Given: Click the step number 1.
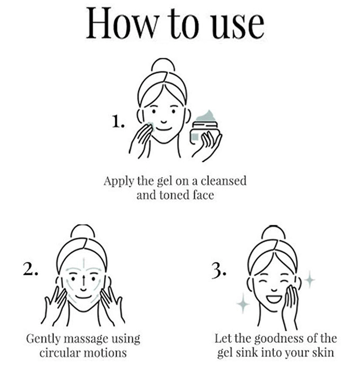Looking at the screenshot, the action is [x=118, y=121].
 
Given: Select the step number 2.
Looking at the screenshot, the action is [x=30, y=269].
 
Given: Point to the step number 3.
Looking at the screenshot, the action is [x=219, y=271].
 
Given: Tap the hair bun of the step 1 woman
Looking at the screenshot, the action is [x=163, y=65].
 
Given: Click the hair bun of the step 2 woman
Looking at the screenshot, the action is [x=82, y=230].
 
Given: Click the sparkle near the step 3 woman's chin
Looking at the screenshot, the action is [x=243, y=303].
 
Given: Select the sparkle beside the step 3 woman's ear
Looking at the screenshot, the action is [x=309, y=279].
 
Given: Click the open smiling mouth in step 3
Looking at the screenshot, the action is [x=274, y=299].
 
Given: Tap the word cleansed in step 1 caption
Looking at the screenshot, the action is [x=223, y=181].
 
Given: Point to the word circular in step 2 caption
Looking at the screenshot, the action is [x=59, y=352].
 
